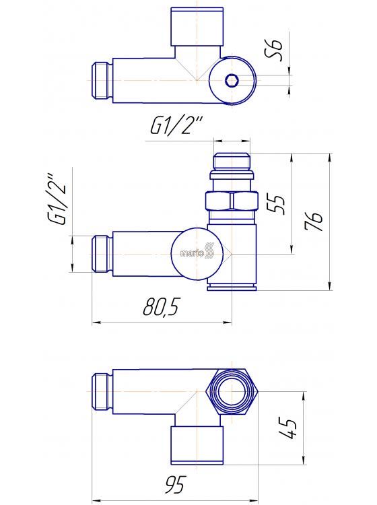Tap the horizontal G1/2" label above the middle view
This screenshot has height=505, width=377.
[x=176, y=126]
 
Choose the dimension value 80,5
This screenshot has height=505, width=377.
[x=161, y=308]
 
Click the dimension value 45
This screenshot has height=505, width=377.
[x=288, y=427]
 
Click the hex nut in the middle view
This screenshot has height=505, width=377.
[x=231, y=201]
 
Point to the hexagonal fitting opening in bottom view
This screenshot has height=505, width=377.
[x=231, y=393]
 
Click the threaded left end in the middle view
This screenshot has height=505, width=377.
[x=101, y=253]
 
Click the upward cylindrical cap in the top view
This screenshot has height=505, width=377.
[x=197, y=26]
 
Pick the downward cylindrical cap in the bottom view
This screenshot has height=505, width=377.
[x=197, y=444]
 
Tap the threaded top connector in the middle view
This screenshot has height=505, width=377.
[x=231, y=164]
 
